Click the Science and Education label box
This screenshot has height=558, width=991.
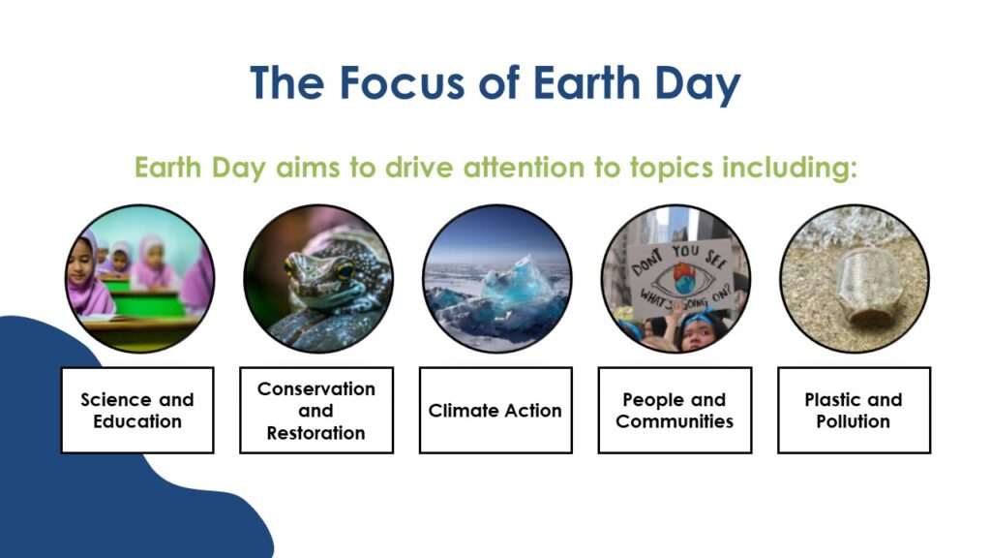coord(137,410)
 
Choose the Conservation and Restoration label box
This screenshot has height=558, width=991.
coord(316,410)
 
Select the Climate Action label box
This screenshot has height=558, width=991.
coord(495,410)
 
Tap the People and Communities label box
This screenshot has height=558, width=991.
coord(675,410)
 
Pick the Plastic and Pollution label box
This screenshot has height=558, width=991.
coord(854,410)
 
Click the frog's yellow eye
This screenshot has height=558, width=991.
coord(345,271)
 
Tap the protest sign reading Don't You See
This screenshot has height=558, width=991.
coord(678,276)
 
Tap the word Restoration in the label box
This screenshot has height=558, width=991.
coord(316,433)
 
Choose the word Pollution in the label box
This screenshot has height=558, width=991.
coord(854,421)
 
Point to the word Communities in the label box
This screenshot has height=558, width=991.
coord(675,421)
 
